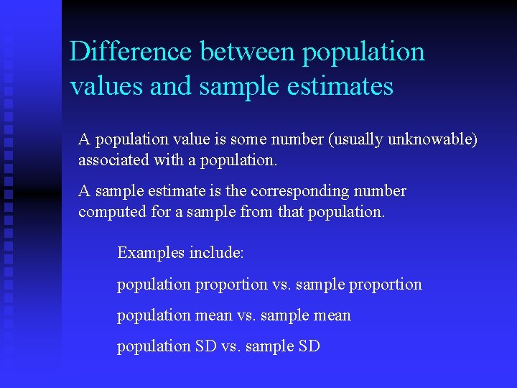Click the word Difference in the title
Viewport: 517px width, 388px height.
[x=131, y=52]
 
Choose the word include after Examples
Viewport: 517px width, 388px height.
[x=216, y=253]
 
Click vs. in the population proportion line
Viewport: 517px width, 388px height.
[x=281, y=285]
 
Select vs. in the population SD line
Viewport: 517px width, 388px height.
[x=230, y=346]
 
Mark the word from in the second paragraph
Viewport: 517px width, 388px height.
[x=256, y=212]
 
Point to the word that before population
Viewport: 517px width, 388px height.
[x=290, y=212]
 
